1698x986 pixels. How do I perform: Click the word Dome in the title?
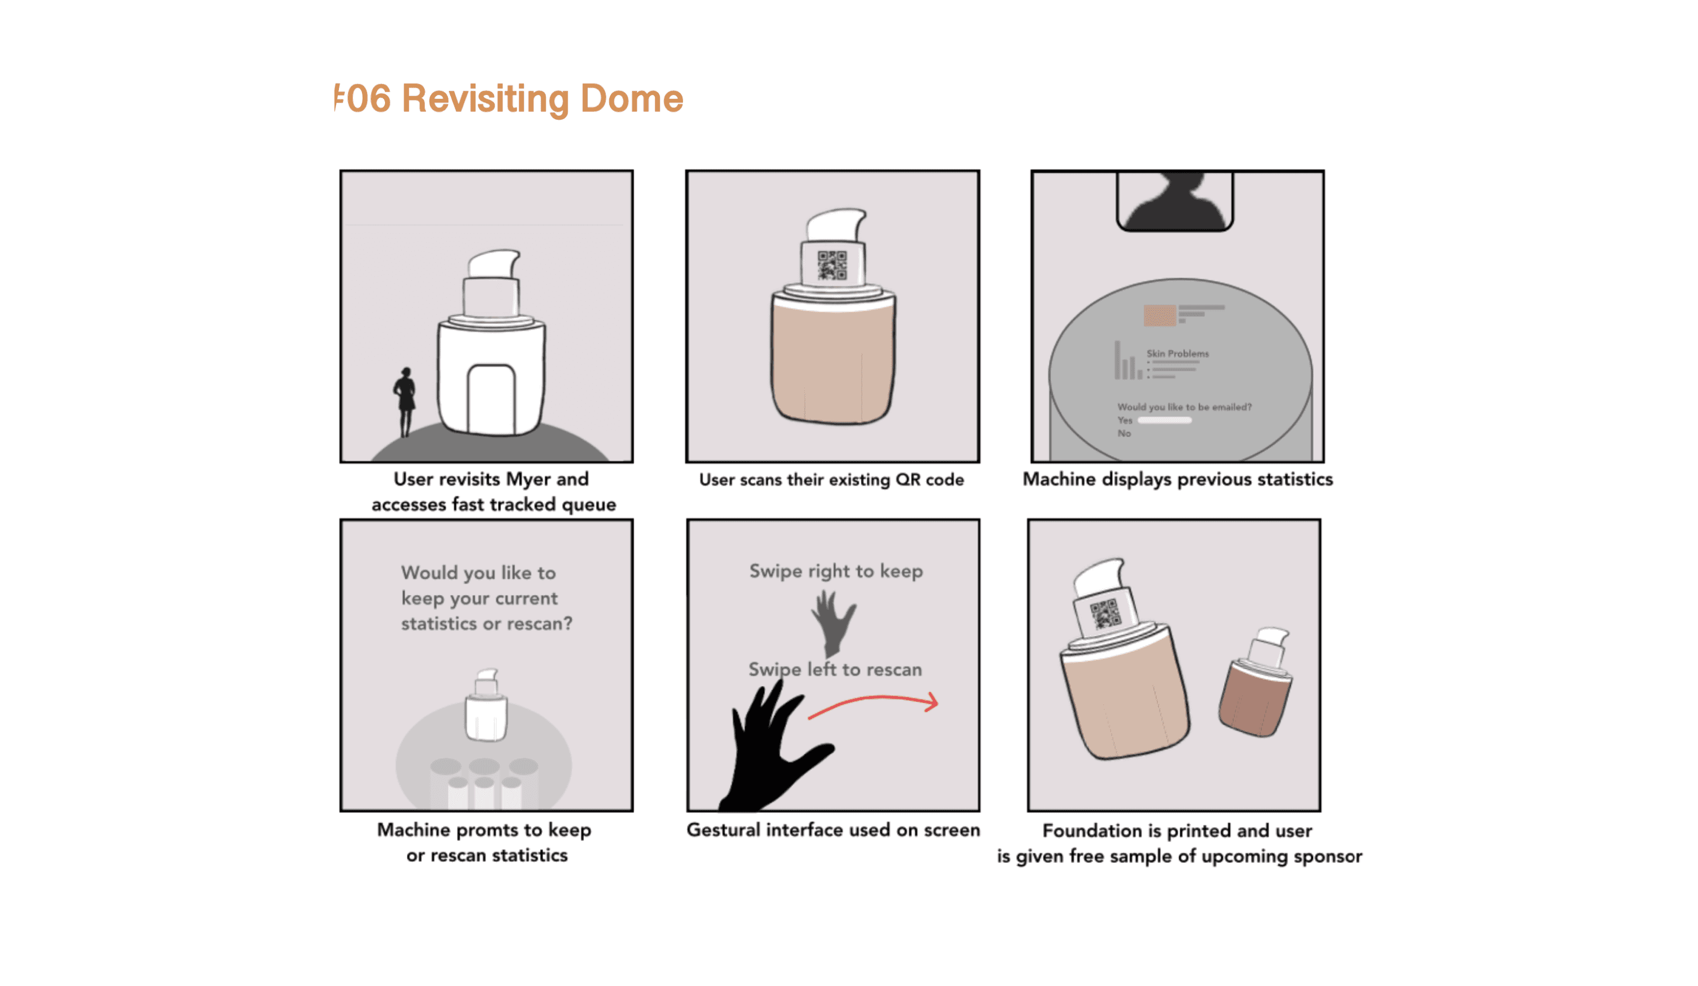pos(631,98)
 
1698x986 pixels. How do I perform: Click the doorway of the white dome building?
pos(491,399)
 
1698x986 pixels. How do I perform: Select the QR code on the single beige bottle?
pos(832,265)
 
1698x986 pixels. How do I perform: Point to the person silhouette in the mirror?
pos(1176,200)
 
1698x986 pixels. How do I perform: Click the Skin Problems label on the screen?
pos(1178,353)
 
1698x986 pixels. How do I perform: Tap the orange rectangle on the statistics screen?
pos(1160,315)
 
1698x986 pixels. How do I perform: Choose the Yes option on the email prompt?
pos(1125,420)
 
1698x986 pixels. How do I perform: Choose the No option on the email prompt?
pos(1124,433)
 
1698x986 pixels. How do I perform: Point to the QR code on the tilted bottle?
pos(1105,614)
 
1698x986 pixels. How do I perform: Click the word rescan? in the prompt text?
pos(539,624)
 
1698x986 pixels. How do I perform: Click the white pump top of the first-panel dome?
pos(494,263)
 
